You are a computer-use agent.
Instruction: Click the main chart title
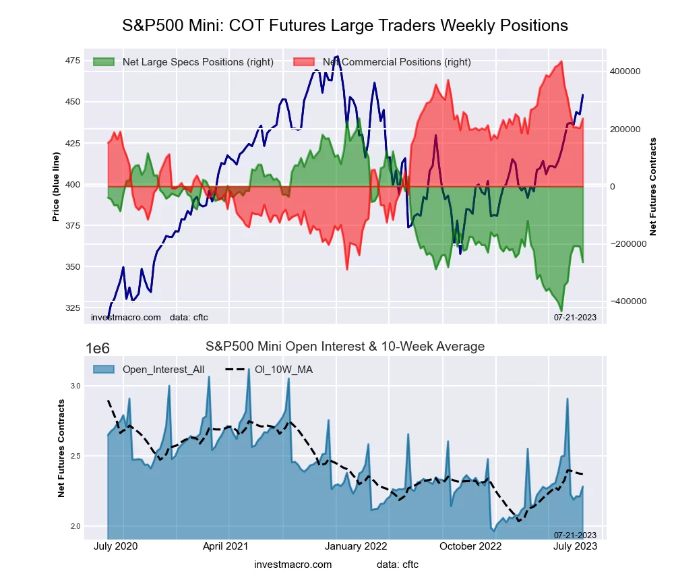coord(345,26)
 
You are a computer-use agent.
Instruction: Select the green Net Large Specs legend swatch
coord(104,62)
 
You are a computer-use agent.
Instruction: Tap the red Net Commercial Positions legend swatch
coord(304,62)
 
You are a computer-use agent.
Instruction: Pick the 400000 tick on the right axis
coord(624,71)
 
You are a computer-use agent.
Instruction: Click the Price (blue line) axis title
coord(57,184)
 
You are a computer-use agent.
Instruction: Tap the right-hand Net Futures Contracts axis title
coord(652,187)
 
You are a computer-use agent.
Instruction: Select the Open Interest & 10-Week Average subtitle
coord(345,347)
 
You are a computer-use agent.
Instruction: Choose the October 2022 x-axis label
coord(471,546)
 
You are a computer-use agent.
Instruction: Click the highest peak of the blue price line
coord(337,57)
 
